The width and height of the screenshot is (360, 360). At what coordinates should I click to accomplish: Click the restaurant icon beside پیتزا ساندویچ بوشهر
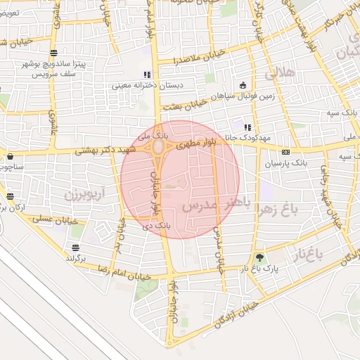click(54, 54)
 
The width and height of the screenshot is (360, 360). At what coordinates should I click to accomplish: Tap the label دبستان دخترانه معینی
click(146, 86)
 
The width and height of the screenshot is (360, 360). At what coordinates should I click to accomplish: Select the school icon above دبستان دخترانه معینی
click(146, 75)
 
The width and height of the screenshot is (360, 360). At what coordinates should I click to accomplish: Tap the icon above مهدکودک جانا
click(247, 127)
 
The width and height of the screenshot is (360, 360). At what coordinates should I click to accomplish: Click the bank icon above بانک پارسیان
click(285, 152)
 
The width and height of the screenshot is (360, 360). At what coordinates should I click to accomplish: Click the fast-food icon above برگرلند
click(75, 247)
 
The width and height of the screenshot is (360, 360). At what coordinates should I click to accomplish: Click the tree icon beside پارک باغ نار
click(261, 258)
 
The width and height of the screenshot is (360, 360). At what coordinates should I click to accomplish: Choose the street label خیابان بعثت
click(184, 104)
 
